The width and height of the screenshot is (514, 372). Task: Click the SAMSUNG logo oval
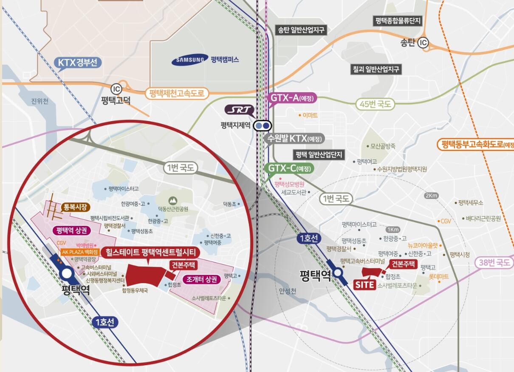[190, 60]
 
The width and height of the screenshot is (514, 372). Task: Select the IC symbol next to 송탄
[423, 43]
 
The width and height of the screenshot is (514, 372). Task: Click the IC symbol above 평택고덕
[116, 89]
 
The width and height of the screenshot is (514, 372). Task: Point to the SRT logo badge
[239, 111]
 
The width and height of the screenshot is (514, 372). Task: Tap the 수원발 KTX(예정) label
[294, 139]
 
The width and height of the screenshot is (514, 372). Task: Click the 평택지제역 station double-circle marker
[262, 126]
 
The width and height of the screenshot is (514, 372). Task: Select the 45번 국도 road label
[375, 104]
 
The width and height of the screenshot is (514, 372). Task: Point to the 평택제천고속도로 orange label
[177, 93]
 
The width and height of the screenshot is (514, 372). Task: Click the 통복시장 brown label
[76, 207]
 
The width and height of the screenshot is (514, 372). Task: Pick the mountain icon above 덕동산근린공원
[172, 199]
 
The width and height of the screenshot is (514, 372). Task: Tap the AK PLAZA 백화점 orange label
[80, 252]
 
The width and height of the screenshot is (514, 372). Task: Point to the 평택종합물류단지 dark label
[398, 21]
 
